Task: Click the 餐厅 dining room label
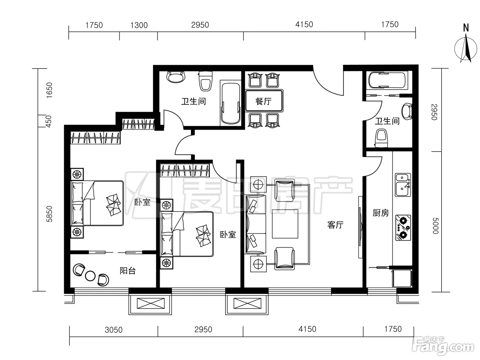(x=264, y=101)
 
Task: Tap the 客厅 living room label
(x=335, y=225)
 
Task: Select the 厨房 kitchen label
(x=381, y=213)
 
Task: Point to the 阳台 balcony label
(x=128, y=271)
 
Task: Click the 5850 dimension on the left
(x=49, y=214)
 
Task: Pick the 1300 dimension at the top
(x=139, y=25)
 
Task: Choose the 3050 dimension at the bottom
(x=113, y=330)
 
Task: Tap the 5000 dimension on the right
(x=435, y=226)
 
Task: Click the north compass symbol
(x=466, y=46)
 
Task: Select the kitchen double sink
(x=403, y=185)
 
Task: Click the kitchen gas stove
(x=403, y=228)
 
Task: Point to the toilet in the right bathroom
(x=381, y=138)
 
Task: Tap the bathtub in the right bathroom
(x=387, y=80)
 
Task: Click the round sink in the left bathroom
(x=176, y=77)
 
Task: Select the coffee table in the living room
(x=285, y=224)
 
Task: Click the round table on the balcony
(x=90, y=276)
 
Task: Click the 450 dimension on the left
(x=49, y=121)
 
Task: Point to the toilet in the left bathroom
(x=205, y=81)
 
